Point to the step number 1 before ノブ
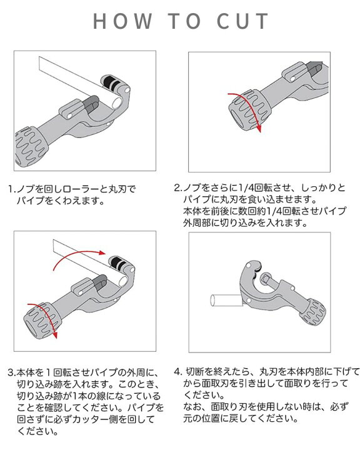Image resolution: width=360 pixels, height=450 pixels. [x=11, y=188]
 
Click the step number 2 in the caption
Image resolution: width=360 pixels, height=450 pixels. [x=177, y=188]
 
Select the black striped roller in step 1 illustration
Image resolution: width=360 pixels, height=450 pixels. [x=112, y=83]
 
